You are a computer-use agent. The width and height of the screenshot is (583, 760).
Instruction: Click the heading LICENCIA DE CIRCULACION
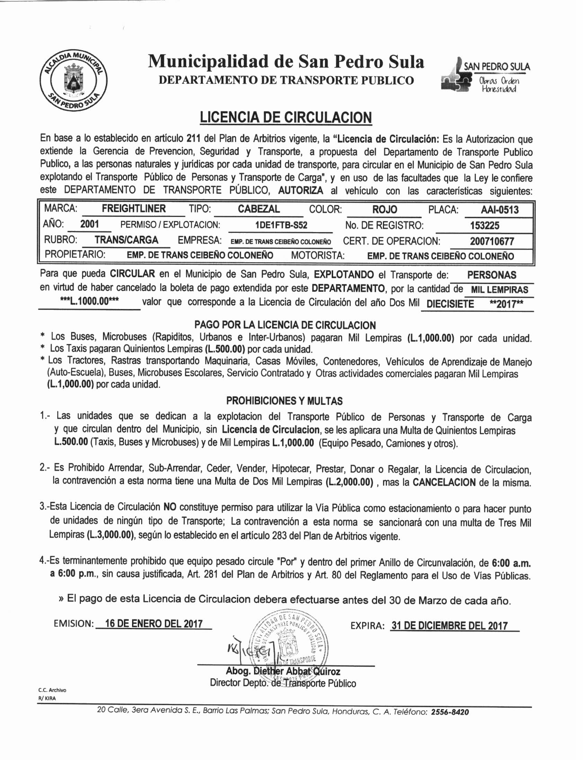[x=285, y=118]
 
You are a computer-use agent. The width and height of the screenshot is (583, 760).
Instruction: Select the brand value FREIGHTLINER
[x=134, y=209]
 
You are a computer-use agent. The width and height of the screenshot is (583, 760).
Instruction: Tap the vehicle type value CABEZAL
[x=258, y=209]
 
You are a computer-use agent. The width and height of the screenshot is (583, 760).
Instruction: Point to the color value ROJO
[x=385, y=209]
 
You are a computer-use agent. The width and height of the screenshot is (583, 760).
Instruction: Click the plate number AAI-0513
[x=500, y=210]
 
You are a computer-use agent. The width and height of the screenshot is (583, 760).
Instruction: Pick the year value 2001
[x=89, y=224]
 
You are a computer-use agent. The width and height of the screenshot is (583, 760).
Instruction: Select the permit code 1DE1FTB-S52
[x=281, y=225]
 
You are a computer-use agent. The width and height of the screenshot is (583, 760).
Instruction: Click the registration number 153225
[x=484, y=226]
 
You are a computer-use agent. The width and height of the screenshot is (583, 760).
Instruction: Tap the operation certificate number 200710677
[x=492, y=241]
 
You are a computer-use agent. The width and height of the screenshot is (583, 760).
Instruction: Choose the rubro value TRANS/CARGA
[x=126, y=240]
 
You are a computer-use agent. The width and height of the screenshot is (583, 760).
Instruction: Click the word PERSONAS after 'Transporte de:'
[x=492, y=275]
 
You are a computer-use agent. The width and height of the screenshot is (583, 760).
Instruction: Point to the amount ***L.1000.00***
[x=89, y=301]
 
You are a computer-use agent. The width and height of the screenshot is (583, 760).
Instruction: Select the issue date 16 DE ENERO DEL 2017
[x=154, y=623]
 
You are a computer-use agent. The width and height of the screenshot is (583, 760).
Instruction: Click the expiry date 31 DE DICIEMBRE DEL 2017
[x=449, y=625]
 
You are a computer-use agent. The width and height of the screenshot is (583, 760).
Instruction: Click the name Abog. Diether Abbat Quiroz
[x=283, y=671]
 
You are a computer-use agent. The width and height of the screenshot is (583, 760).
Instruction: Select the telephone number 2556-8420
[x=450, y=712]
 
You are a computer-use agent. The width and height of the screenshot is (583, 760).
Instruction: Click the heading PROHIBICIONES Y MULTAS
[x=284, y=401]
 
